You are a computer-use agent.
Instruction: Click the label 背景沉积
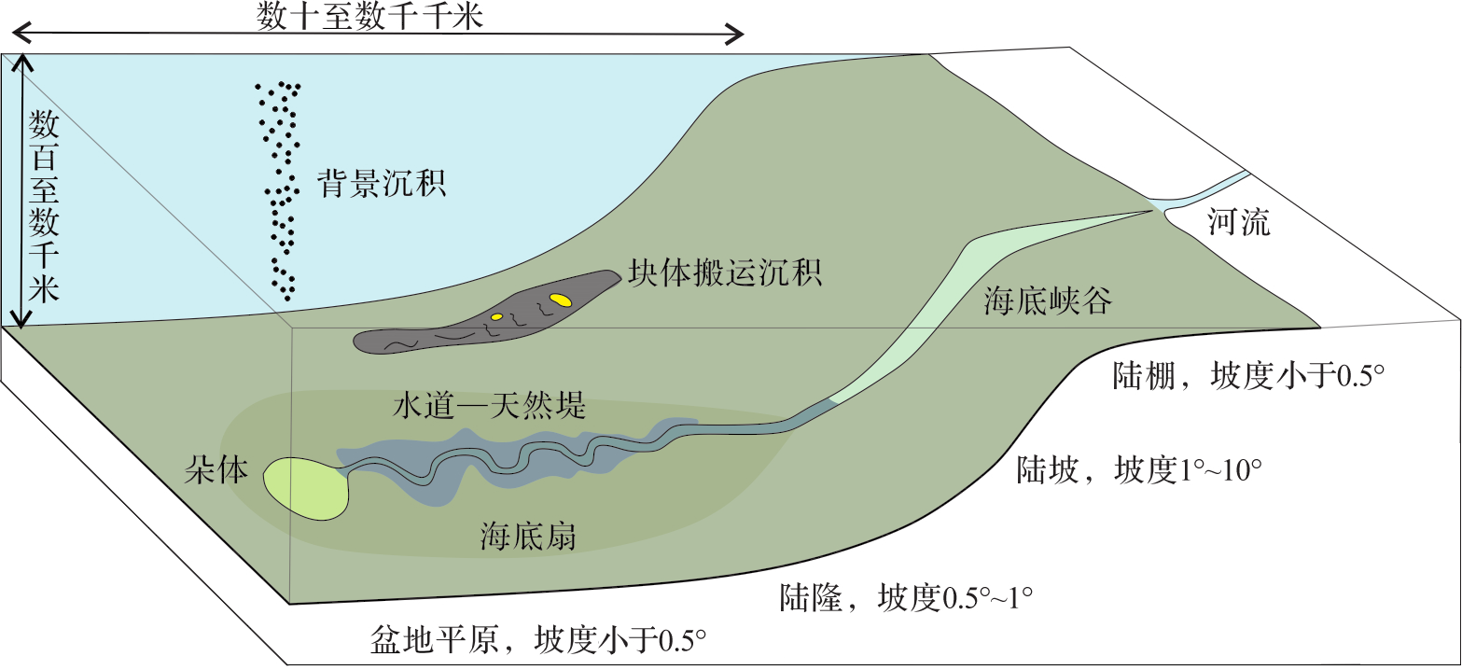tap(381, 183)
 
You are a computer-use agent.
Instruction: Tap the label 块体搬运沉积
tap(723, 273)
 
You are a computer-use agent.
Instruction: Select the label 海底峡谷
tap(1047, 301)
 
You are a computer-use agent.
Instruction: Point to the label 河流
tap(1238, 224)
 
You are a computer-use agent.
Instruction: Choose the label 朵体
tap(216, 472)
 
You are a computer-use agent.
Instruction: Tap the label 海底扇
tap(527, 537)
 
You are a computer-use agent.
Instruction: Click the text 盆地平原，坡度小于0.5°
tap(537, 641)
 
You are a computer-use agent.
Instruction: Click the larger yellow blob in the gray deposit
tap(560, 300)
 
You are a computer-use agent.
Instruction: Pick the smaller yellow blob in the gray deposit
tap(497, 316)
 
